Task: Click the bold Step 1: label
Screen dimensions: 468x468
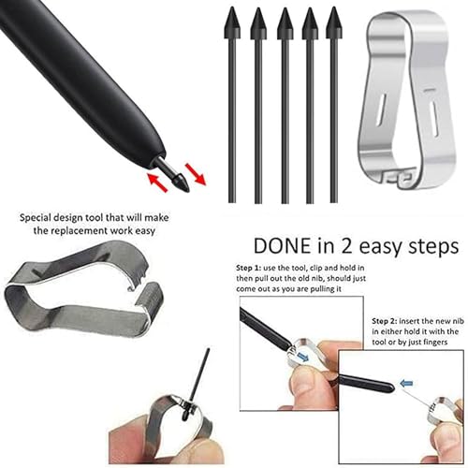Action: pos(251,269)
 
